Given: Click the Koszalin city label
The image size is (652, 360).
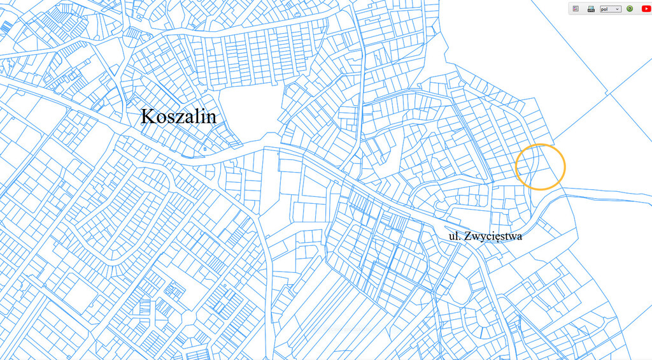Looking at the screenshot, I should [178, 117].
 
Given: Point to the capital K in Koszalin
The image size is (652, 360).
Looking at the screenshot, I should [147, 117].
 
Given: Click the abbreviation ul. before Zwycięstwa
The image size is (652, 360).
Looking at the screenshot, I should [454, 236].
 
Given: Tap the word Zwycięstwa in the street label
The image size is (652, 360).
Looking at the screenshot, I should [493, 236].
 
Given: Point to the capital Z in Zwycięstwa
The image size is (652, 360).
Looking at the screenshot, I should [469, 236].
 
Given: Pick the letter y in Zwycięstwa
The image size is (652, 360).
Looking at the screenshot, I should [485, 238].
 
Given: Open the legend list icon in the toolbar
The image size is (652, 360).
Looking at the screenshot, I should [576, 9].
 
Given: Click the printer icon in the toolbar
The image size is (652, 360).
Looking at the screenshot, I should [590, 9].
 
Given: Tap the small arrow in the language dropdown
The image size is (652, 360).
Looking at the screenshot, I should [617, 9].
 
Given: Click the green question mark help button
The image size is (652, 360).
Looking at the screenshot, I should [630, 9].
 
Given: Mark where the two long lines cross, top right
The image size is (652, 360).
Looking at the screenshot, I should [609, 93].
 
